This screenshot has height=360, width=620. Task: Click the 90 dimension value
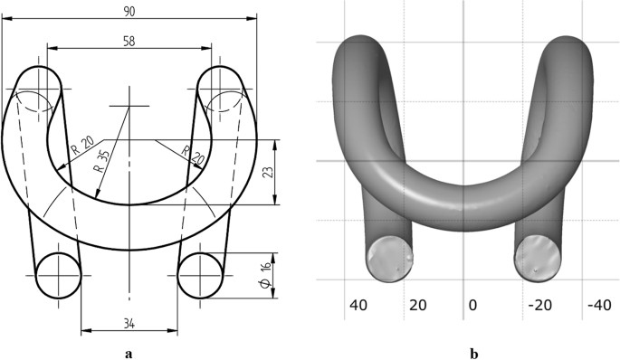129,12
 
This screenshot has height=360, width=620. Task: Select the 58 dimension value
129,41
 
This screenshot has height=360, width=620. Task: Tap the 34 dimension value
129,324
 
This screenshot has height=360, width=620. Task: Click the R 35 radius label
101,162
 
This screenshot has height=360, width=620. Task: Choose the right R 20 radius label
193,156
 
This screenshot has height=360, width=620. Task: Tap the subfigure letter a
129,354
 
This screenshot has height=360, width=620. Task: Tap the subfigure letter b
473,354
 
